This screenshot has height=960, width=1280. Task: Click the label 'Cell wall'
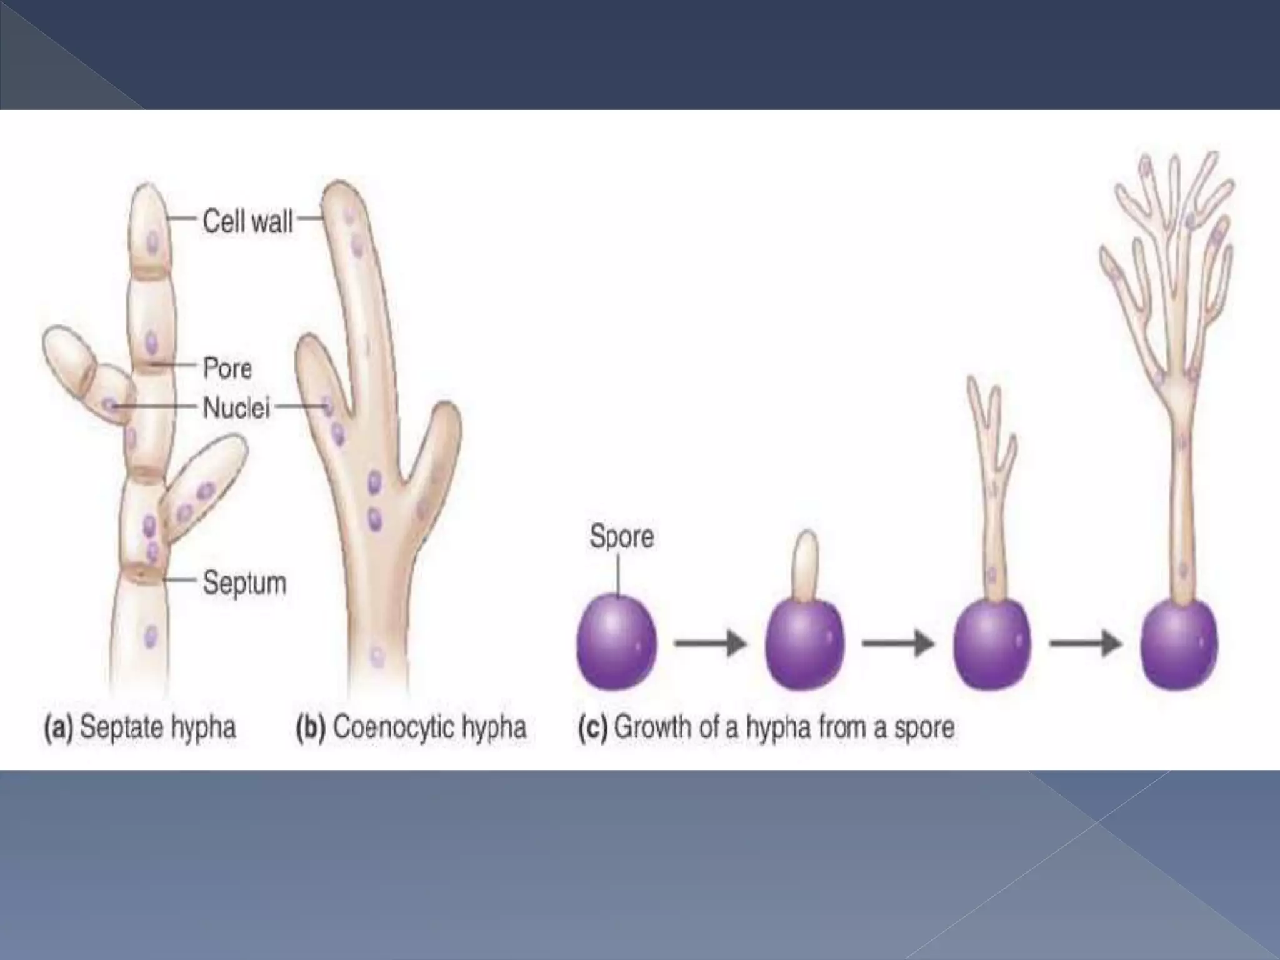pyautogui.click(x=247, y=221)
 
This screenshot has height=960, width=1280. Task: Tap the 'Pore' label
pyautogui.click(x=227, y=369)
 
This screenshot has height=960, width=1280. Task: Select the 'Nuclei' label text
pyautogui.click(x=236, y=409)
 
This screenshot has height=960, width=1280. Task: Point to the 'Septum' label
pyautogui.click(x=244, y=583)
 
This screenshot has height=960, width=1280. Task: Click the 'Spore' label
pyautogui.click(x=621, y=537)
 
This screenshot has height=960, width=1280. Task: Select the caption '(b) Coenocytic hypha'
pyautogui.click(x=411, y=727)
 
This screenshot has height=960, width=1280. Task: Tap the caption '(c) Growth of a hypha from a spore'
pyautogui.click(x=766, y=727)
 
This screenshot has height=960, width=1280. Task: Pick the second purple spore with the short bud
pyautogui.click(x=805, y=644)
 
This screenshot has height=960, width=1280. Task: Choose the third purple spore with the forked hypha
pyautogui.click(x=991, y=644)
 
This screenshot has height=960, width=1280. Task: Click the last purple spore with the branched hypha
pyautogui.click(x=1179, y=644)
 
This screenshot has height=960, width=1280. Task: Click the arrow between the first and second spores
pyautogui.click(x=711, y=642)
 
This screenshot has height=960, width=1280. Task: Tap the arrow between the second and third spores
pyautogui.click(x=898, y=642)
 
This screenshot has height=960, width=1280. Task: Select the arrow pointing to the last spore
pyautogui.click(x=1086, y=642)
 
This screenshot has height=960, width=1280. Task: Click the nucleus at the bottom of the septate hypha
pyautogui.click(x=150, y=636)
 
